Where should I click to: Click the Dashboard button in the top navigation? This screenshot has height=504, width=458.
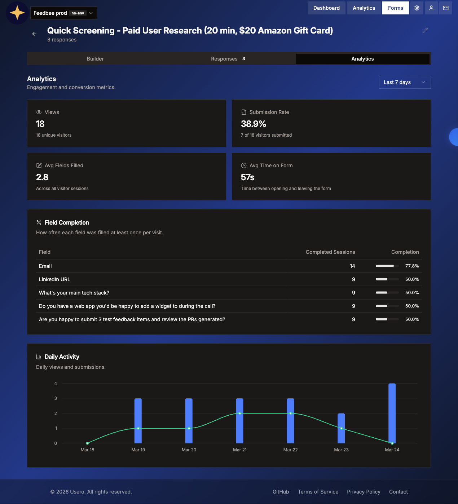326,8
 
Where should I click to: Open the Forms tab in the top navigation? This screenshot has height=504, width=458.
395,8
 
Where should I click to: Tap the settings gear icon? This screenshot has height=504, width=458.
417,8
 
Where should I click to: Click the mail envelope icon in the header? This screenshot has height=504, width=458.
446,8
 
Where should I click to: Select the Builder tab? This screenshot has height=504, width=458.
95,59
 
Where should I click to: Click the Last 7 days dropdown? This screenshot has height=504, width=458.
405,82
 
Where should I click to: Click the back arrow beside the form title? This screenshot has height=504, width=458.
34,34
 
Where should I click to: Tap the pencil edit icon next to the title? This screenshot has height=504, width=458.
425,31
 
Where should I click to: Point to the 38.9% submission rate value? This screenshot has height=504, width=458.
254,124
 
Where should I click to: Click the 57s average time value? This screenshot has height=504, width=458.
248,177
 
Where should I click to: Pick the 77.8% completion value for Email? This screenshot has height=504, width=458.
412,266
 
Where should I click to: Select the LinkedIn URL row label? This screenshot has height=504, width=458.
54,279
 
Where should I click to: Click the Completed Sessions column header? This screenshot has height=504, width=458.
330,252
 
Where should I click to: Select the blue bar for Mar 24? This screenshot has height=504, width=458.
392,413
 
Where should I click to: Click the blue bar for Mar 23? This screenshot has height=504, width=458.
341,428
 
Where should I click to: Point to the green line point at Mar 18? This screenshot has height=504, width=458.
87,443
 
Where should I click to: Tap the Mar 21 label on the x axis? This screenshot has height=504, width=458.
240,450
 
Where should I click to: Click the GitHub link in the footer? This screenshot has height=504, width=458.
281,492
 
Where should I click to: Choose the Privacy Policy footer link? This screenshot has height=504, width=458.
364,492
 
